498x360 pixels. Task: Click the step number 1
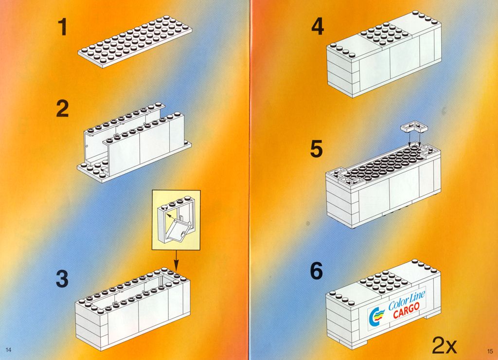click(x=63, y=27)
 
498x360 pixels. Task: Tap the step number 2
click(x=63, y=108)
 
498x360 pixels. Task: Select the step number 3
click(x=62, y=278)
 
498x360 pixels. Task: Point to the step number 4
click(x=318, y=26)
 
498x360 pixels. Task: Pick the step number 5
click(x=316, y=149)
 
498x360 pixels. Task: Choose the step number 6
click(x=316, y=270)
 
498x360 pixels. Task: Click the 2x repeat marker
click(x=445, y=345)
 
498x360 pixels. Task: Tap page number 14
click(x=9, y=350)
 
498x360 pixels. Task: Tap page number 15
click(x=489, y=351)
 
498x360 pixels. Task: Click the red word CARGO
click(x=406, y=310)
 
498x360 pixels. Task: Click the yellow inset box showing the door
click(x=176, y=219)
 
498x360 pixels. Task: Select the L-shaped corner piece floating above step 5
click(x=414, y=127)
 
